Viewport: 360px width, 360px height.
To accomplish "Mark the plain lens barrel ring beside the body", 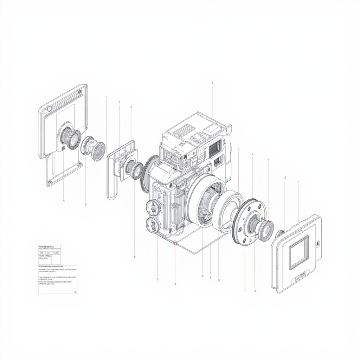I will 227,211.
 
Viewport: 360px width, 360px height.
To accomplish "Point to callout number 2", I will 253,154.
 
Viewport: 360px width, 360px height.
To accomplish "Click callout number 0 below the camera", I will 219,280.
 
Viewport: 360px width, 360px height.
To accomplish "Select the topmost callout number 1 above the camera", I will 212,83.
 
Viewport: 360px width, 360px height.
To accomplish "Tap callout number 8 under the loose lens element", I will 85,204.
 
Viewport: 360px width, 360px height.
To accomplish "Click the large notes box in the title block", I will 58,279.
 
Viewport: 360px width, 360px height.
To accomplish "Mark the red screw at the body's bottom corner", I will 175,243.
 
